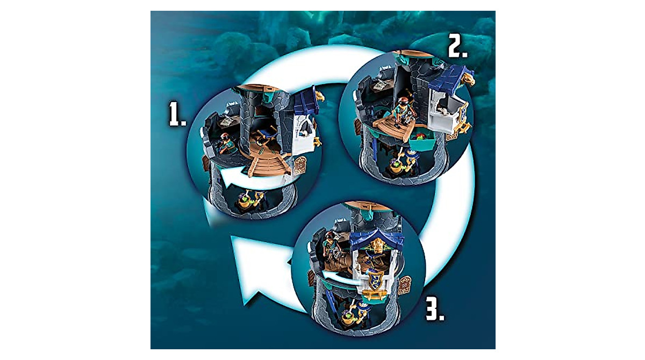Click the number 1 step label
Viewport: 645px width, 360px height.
pyautogui.click(x=176, y=114)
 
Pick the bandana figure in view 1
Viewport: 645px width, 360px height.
pyautogui.click(x=226, y=142)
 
